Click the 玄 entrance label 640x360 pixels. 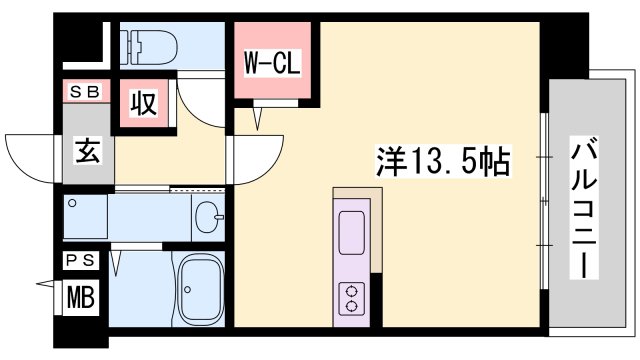pos(86,154)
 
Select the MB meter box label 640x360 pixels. pos(77,296)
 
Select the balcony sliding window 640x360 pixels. pos(544,200)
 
